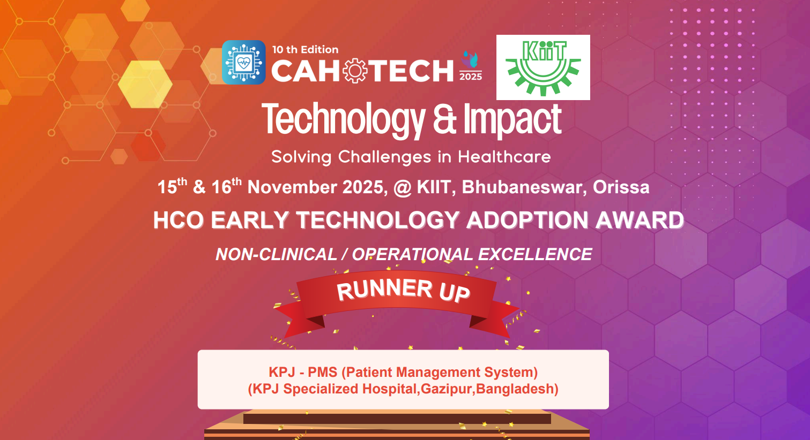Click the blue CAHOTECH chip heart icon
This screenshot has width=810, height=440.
point(243,63)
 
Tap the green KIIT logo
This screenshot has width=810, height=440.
point(543,67)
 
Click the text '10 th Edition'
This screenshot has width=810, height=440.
point(305,50)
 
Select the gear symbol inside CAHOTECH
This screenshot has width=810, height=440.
point(355,71)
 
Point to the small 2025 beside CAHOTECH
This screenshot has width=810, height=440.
point(471,77)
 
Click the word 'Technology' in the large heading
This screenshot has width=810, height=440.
point(343,120)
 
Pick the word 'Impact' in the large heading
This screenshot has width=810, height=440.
point(512,120)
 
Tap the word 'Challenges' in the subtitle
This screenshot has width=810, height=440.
point(384,157)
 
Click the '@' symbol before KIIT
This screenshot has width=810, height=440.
point(402,188)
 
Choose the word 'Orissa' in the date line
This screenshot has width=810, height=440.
point(621,187)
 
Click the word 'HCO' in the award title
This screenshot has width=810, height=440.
point(178,221)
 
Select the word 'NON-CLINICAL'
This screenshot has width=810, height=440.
point(276,254)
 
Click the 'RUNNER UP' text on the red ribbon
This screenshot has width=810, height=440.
point(403,290)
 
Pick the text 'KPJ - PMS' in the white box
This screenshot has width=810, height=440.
point(303,372)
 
